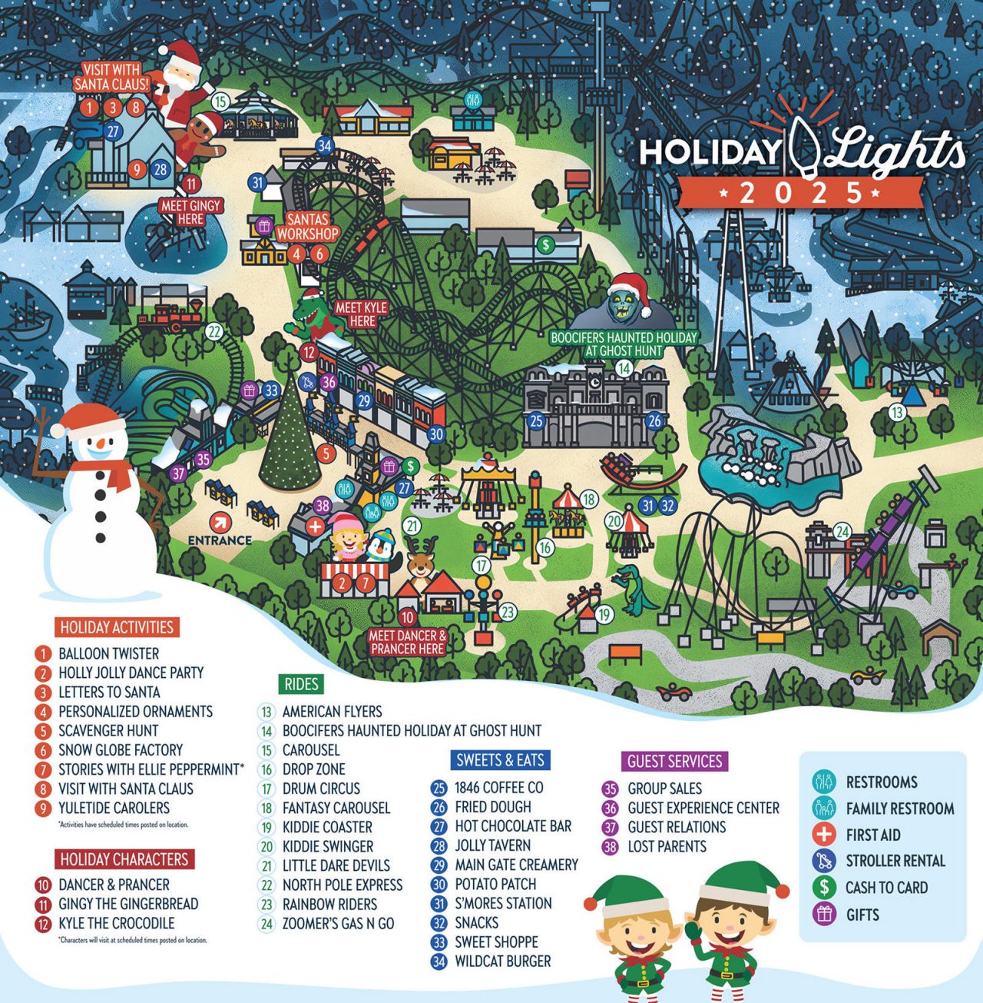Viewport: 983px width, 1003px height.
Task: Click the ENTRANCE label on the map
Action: point(220,540)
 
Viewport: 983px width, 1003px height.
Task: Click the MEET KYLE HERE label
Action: point(362,314)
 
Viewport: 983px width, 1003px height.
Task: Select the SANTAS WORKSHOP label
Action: point(307,227)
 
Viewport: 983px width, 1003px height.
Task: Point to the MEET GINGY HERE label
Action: point(190,212)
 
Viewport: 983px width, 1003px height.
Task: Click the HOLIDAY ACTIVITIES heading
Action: point(117,627)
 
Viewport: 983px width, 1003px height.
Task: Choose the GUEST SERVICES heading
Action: point(674,761)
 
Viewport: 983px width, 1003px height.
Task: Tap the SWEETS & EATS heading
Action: point(500,760)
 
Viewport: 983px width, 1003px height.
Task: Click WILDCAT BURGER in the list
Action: point(502,961)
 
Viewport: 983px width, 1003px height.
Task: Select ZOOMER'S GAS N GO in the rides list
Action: point(338,923)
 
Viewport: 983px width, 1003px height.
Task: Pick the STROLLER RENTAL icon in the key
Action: point(824,861)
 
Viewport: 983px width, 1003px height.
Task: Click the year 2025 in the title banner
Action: point(801,193)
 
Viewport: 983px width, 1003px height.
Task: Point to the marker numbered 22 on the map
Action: point(214,333)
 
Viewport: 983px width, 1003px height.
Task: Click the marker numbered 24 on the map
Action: point(842,531)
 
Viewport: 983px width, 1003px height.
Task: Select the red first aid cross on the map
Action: point(315,527)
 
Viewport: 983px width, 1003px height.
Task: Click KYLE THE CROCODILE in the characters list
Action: point(116,923)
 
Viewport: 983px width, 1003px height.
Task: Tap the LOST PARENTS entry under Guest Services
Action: point(666,846)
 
